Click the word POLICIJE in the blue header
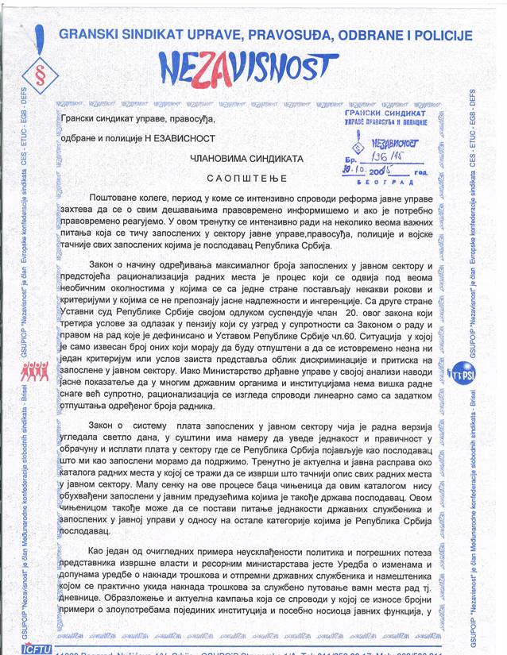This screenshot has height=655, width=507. click(x=442, y=35)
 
